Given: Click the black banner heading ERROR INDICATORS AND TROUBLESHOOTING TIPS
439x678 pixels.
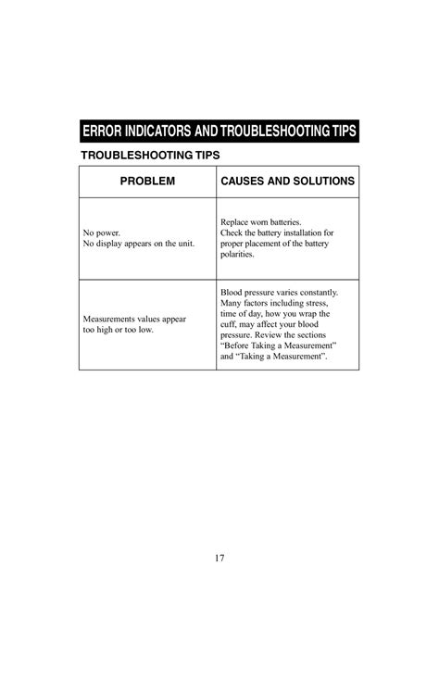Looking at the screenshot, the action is click(219, 129).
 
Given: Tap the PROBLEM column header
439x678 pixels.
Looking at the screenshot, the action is click(146, 182).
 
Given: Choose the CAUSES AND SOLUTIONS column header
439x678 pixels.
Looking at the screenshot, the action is click(287, 182).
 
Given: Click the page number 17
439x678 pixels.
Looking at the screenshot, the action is click(219, 558).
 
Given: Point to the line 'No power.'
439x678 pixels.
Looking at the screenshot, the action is click(102, 232).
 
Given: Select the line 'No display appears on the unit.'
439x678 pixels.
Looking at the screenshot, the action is click(139, 244).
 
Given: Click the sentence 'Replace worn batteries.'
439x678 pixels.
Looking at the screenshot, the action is click(261, 222).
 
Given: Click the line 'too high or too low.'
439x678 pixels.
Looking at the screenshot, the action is click(119, 330).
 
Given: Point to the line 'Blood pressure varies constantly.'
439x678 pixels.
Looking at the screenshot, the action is click(279, 292).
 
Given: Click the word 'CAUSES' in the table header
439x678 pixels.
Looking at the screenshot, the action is click(242, 182).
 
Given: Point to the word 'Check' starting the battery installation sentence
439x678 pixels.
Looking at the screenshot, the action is click(232, 232).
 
